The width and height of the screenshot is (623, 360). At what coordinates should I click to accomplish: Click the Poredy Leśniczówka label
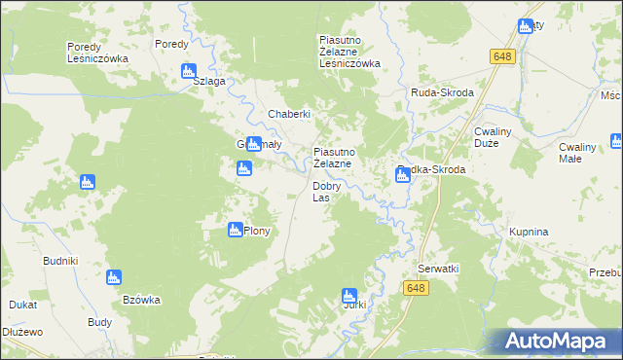click(x=97, y=53)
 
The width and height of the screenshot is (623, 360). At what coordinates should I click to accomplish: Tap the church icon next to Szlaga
click(x=189, y=71)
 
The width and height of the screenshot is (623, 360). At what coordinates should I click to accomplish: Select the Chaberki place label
click(x=289, y=114)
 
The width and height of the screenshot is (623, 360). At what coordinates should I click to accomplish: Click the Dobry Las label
click(x=326, y=192)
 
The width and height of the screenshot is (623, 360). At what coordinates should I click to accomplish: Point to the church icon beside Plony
click(x=235, y=230)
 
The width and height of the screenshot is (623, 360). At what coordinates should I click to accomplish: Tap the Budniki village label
click(x=59, y=261)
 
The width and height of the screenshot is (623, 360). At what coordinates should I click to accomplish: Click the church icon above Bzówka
click(x=114, y=277)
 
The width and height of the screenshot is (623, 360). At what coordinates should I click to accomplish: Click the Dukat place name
click(x=22, y=305)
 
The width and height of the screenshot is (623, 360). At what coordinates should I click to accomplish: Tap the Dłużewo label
click(x=22, y=332)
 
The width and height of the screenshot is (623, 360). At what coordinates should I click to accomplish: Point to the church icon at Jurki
click(x=349, y=295)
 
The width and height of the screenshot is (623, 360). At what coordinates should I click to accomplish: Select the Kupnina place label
click(x=529, y=232)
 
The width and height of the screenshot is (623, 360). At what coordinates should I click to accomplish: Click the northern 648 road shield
click(x=501, y=57)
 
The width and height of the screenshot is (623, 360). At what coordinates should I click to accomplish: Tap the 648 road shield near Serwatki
click(x=416, y=288)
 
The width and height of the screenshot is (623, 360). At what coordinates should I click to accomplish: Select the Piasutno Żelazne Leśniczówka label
click(x=349, y=52)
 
